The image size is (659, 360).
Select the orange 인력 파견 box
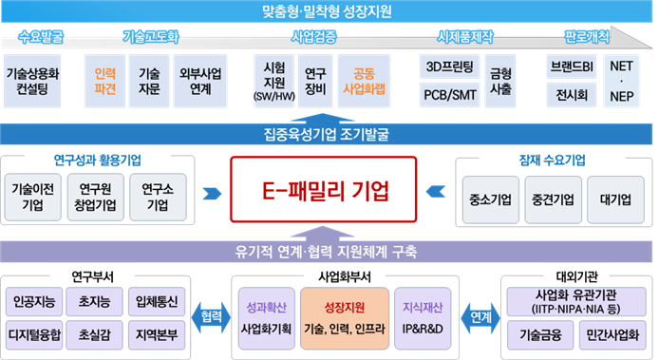point(104,80)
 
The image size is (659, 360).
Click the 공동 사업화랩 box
point(363,80)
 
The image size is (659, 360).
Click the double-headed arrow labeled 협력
point(211,318)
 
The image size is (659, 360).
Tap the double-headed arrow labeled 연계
point(480,318)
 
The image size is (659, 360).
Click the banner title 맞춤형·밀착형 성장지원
point(328,12)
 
